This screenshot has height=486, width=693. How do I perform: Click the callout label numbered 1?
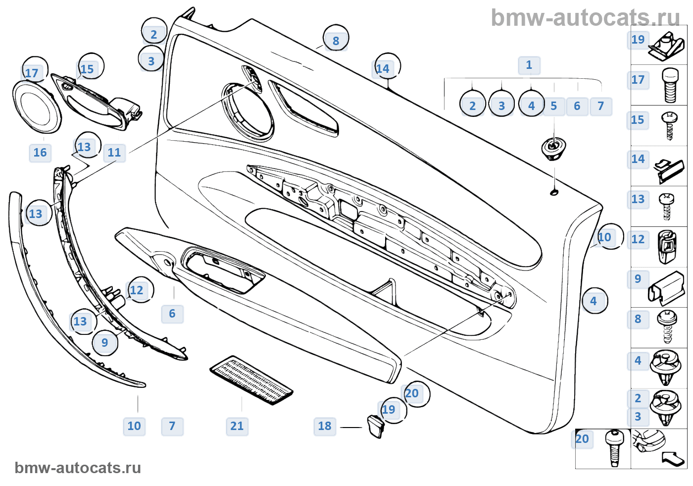[529, 65]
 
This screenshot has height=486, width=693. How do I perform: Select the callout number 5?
[553, 106]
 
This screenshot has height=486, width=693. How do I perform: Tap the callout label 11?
[114, 153]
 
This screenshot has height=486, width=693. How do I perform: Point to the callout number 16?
[40, 153]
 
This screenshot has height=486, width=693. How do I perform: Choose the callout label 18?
[325, 426]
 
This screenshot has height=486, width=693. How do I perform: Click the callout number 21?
[237, 426]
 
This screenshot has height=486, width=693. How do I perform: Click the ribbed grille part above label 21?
[251, 379]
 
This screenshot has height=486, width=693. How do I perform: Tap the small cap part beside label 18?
[376, 426]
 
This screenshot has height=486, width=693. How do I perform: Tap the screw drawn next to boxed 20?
[614, 448]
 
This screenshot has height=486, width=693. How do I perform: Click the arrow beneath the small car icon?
[673, 459]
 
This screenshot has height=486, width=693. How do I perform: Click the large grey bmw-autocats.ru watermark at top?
[585, 18]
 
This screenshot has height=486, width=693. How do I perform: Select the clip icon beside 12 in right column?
[667, 247]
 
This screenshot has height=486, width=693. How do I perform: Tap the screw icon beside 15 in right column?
[669, 125]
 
